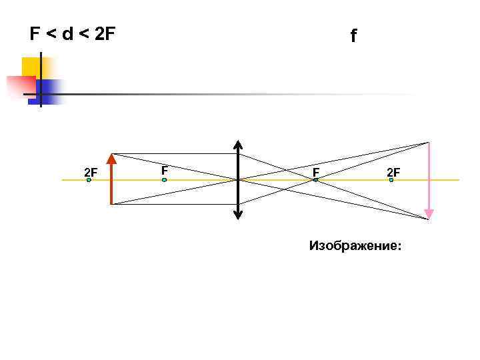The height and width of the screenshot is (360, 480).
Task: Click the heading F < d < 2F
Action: tap(73, 34)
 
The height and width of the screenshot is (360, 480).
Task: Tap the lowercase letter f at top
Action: tap(353, 36)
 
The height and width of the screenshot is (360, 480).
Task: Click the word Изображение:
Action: tap(355, 246)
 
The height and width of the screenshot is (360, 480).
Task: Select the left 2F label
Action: tap(91, 173)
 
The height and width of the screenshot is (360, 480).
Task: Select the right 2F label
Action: tap(393, 173)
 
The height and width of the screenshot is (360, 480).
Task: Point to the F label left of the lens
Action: tap(164, 171)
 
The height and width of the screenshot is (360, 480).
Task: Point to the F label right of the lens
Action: tap(316, 173)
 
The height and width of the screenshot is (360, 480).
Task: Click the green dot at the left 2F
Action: tap(89, 180)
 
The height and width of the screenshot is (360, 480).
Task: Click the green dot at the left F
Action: tap(164, 180)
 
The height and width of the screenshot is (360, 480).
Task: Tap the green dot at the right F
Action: tap(316, 180)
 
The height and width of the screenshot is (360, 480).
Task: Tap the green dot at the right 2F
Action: tap(391, 180)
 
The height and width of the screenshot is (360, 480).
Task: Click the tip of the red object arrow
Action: tap(111, 157)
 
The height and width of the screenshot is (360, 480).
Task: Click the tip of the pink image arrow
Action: tap(429, 216)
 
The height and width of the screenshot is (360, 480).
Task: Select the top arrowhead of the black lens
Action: tap(239, 143)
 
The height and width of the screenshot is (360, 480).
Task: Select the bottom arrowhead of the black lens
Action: tap(239, 216)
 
